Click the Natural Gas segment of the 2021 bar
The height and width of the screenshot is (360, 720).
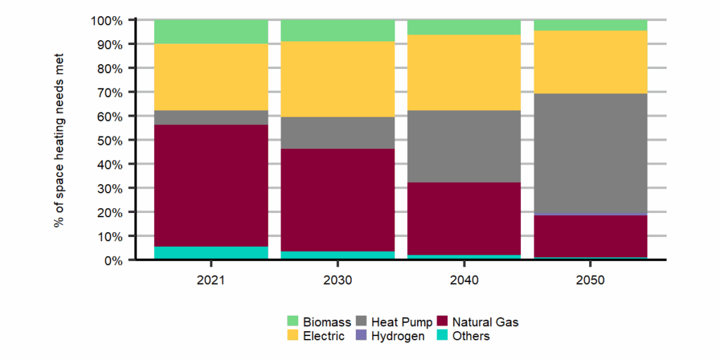click(211, 186)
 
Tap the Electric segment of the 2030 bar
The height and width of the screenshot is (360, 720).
click(337, 79)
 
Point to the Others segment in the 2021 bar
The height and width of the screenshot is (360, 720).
click(211, 252)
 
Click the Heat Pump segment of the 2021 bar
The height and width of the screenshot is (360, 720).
click(211, 117)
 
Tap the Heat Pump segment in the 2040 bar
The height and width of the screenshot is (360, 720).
click(464, 146)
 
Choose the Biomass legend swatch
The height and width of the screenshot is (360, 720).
click(293, 322)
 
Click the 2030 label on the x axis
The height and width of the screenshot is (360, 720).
click(337, 280)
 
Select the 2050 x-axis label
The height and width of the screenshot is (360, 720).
click(591, 280)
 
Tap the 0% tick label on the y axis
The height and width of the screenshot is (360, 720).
click(112, 260)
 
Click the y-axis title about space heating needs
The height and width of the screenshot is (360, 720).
click(59, 140)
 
